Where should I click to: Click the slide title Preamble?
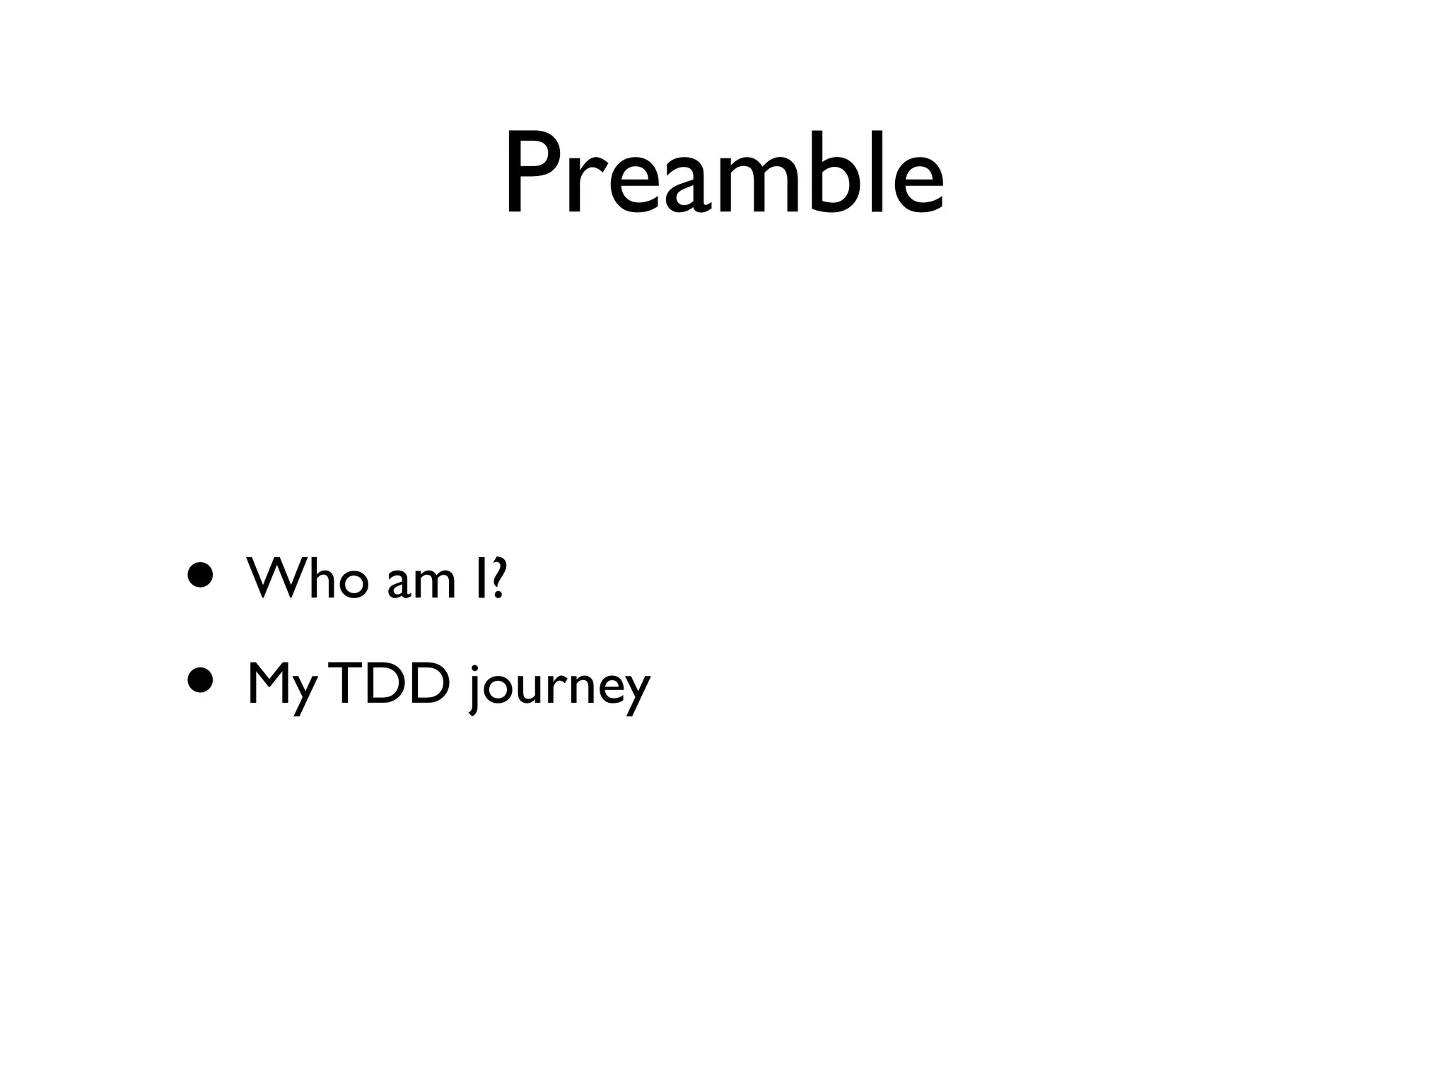(x=723, y=173)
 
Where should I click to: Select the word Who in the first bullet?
(x=308, y=579)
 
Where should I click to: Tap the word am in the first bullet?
(x=421, y=584)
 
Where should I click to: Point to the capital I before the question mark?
(x=481, y=579)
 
